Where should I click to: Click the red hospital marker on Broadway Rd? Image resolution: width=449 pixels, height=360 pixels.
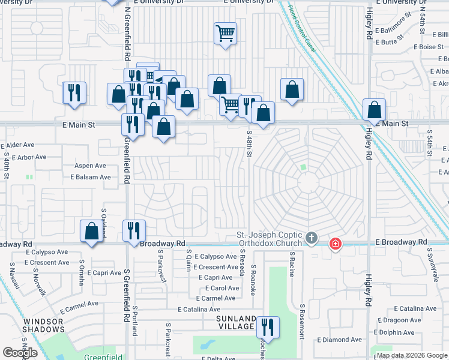point(335,244)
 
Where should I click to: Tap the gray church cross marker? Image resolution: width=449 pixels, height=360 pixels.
point(311,239)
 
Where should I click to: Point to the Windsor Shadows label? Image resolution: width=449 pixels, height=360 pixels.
point(44,325)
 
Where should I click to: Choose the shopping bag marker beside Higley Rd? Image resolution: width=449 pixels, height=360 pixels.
point(375,110)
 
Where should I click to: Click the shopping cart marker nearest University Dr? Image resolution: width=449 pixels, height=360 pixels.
point(225,33)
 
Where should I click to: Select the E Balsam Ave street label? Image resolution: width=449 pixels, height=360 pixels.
point(91,177)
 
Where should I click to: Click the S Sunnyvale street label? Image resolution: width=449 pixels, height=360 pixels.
point(431,263)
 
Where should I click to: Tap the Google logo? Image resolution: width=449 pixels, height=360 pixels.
point(20,352)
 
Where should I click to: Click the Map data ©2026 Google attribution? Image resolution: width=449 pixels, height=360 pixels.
point(411,355)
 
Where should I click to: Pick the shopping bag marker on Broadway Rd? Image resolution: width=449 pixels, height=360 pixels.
point(91,232)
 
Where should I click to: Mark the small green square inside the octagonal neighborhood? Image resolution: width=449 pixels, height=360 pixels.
point(303,167)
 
